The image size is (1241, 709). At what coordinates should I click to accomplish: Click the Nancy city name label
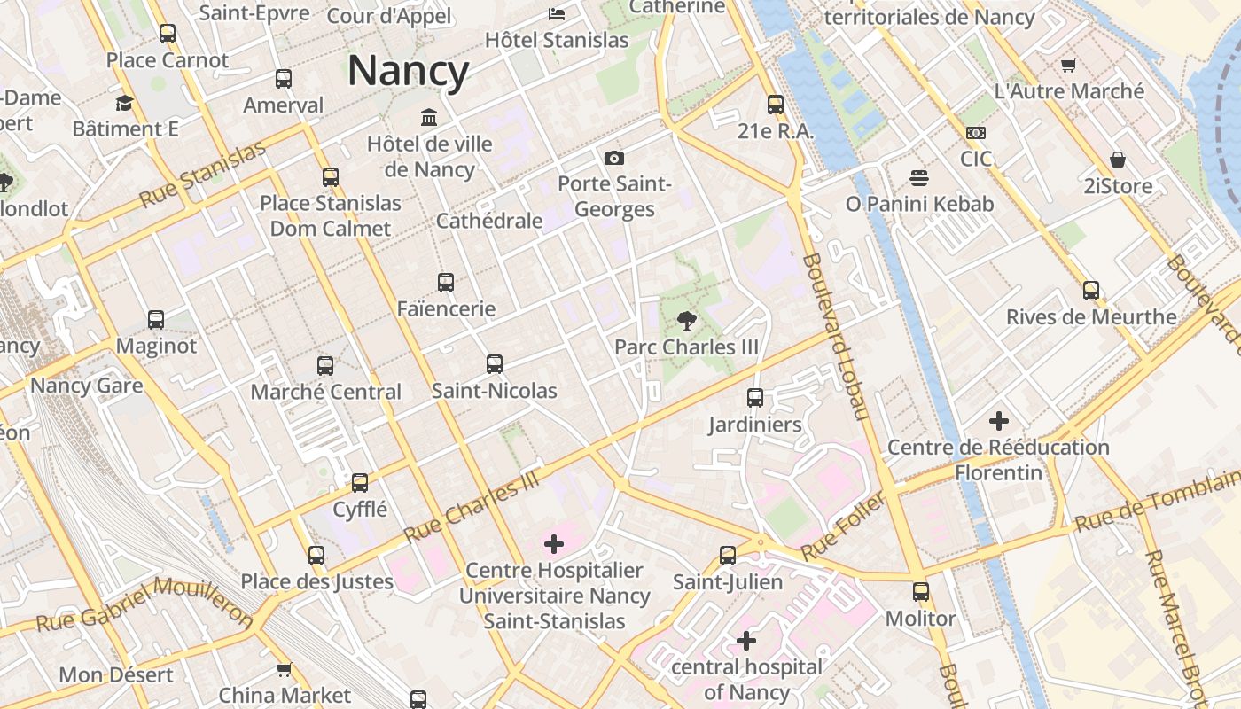click(x=408, y=71)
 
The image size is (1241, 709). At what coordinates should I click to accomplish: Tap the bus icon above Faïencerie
click(x=446, y=283)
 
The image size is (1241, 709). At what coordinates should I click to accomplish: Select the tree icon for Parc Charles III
click(x=686, y=321)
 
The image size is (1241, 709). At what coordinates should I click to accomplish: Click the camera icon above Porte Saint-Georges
click(x=613, y=159)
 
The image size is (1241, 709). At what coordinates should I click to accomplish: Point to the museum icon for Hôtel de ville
click(x=430, y=117)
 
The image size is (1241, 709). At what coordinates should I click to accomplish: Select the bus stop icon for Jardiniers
click(x=755, y=398)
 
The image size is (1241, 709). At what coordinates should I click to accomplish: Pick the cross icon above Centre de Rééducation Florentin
click(x=999, y=421)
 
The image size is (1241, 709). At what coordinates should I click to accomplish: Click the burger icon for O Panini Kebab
click(x=919, y=177)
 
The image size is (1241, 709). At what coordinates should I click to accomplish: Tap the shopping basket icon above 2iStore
click(x=1118, y=160)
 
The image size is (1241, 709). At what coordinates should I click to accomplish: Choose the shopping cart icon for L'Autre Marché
click(x=1069, y=65)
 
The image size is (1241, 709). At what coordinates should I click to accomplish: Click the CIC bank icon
click(x=976, y=133)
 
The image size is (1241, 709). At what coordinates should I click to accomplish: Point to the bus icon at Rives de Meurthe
click(x=1091, y=291)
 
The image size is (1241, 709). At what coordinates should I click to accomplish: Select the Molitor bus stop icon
click(x=921, y=592)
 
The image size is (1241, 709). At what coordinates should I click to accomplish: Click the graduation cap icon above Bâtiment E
click(x=125, y=103)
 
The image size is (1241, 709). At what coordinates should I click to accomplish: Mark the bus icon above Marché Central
click(x=325, y=365)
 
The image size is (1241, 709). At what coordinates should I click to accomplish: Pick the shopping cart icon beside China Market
click(x=284, y=669)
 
